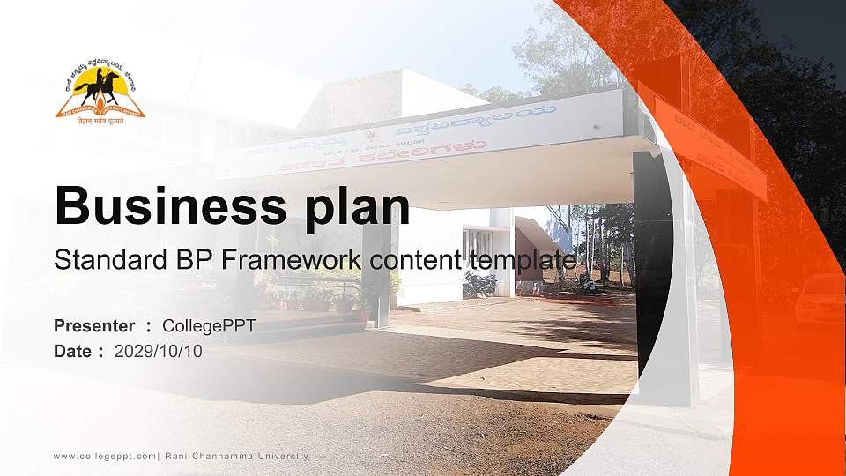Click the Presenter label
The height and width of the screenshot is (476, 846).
94,326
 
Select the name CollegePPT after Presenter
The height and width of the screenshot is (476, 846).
209,326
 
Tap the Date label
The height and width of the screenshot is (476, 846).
73,351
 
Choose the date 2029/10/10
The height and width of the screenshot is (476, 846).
159,351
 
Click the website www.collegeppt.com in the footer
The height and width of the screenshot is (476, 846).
105,456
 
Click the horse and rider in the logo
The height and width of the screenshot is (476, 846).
99,86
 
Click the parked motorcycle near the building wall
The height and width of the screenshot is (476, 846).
479,284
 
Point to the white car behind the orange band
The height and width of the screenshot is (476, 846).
819,298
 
